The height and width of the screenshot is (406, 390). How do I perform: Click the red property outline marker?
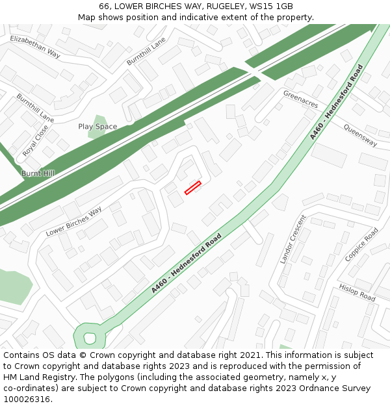(x=192, y=188)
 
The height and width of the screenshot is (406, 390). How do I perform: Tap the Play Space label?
(x=97, y=127)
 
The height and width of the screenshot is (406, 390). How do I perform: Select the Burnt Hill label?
(x=38, y=173)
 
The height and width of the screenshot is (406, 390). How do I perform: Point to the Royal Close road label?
(x=35, y=141)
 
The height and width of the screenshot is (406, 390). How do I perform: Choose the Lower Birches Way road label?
(x=74, y=222)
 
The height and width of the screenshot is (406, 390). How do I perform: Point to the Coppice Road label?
(x=361, y=244)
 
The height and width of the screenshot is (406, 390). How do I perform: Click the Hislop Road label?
(x=357, y=292)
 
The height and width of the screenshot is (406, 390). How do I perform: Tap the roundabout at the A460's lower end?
(x=90, y=337)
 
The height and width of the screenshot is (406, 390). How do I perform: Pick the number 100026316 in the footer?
(x=27, y=399)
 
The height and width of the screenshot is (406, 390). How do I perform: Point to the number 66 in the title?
(x=105, y=6)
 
